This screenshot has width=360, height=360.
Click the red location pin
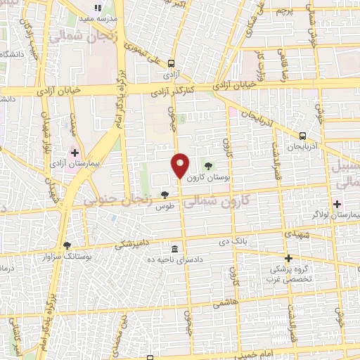[x=180, y=165]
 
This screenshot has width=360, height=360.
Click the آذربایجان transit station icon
[x=302, y=136]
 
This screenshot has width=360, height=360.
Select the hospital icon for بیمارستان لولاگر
[x=337, y=204]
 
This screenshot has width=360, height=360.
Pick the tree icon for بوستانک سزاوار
[x=67, y=245]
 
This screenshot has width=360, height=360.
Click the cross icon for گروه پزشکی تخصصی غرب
[x=288, y=258]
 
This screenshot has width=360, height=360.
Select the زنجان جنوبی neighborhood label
[x=118, y=200]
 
